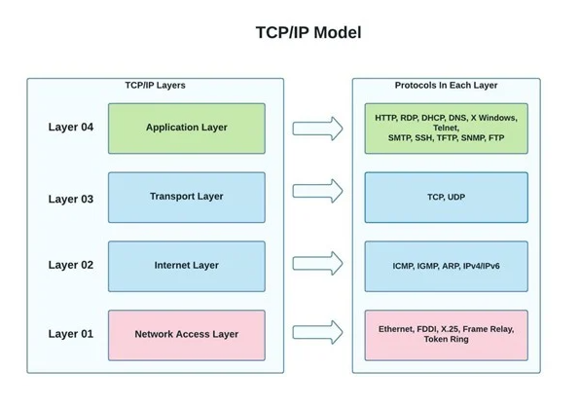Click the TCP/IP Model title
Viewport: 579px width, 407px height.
click(x=308, y=32)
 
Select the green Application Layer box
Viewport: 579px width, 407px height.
click(x=187, y=129)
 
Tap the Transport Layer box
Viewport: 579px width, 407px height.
click(x=187, y=198)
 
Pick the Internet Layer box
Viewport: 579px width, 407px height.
click(x=187, y=266)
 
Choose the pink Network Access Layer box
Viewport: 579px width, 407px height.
click(x=187, y=335)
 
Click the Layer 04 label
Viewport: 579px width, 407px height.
click(x=70, y=127)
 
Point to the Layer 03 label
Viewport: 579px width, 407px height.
click(x=70, y=199)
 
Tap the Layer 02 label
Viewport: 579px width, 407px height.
click(x=70, y=265)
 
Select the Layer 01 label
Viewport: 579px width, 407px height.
click(x=70, y=334)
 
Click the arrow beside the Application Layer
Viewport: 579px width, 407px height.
click(x=317, y=129)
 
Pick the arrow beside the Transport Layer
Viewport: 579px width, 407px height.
click(x=317, y=191)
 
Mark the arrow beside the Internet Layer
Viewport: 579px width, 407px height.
click(x=317, y=263)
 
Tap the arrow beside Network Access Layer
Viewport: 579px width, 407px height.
click(x=317, y=332)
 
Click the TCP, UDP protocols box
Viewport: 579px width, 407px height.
click(x=446, y=198)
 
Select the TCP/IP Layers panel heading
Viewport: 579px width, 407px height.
click(x=155, y=86)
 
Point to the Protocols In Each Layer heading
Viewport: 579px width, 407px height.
click(x=446, y=86)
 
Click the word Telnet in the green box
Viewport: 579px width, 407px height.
click(x=446, y=128)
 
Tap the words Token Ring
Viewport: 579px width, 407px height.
click(x=446, y=339)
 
